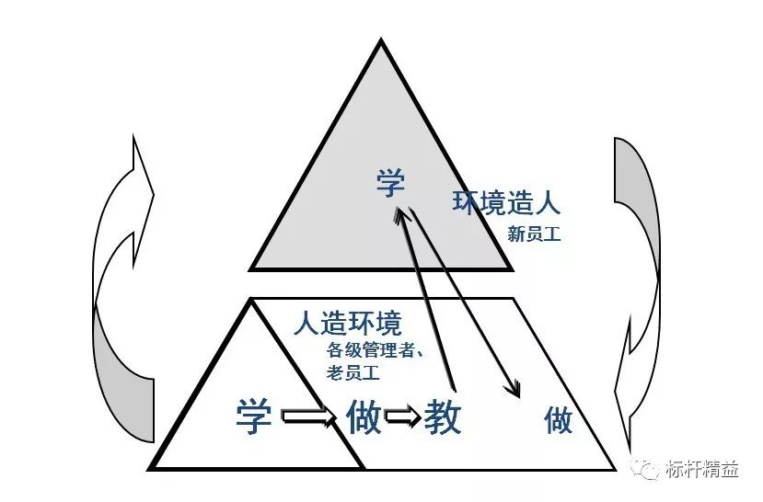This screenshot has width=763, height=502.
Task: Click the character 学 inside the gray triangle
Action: point(390,183)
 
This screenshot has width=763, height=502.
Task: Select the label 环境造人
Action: point(506,202)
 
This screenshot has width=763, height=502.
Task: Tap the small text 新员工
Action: point(534,234)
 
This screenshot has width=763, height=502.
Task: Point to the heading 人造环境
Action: point(348,323)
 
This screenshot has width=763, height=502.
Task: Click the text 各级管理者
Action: point(370,350)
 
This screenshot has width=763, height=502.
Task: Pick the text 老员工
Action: point(353,373)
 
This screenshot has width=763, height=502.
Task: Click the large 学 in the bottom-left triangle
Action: point(253,416)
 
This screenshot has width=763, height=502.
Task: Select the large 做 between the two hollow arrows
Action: point(364,416)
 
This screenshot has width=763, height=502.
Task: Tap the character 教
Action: point(443,416)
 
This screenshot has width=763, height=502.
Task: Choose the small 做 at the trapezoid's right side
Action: point(558,421)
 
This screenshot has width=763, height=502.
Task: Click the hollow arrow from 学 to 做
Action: point(309,416)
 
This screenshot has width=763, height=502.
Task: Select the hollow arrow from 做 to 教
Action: point(403,416)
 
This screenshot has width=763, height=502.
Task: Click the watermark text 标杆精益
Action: point(702,470)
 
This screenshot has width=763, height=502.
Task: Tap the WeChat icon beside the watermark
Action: point(646,469)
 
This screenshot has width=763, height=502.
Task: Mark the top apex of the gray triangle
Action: point(381,40)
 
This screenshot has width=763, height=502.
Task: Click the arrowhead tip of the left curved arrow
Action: point(154,195)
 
